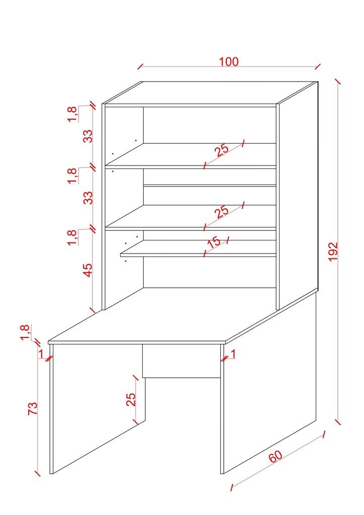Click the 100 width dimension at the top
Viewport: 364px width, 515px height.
pyautogui.click(x=229, y=62)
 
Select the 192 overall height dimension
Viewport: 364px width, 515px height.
pyautogui.click(x=333, y=251)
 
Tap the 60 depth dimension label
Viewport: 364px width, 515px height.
pyautogui.click(x=276, y=457)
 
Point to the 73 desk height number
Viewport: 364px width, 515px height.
pyautogui.click(x=32, y=407)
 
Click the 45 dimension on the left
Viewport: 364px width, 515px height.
pyautogui.click(x=88, y=270)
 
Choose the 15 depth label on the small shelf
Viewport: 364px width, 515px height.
pyautogui.click(x=214, y=242)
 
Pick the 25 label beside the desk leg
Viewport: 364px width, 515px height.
pyautogui.click(x=131, y=399)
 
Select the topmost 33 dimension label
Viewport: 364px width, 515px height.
pyautogui.click(x=88, y=136)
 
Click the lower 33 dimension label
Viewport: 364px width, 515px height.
pyautogui.click(x=88, y=197)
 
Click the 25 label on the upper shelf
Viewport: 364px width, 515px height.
pyautogui.click(x=221, y=149)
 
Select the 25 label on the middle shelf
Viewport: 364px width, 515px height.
pyautogui.click(x=221, y=211)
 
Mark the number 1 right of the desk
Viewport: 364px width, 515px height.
pyautogui.click(x=233, y=354)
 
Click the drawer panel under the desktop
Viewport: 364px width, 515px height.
pyautogui.click(x=181, y=361)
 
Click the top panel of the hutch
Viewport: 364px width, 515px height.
pyautogui.click(x=211, y=93)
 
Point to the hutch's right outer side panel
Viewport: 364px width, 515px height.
pyautogui.click(x=298, y=196)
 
